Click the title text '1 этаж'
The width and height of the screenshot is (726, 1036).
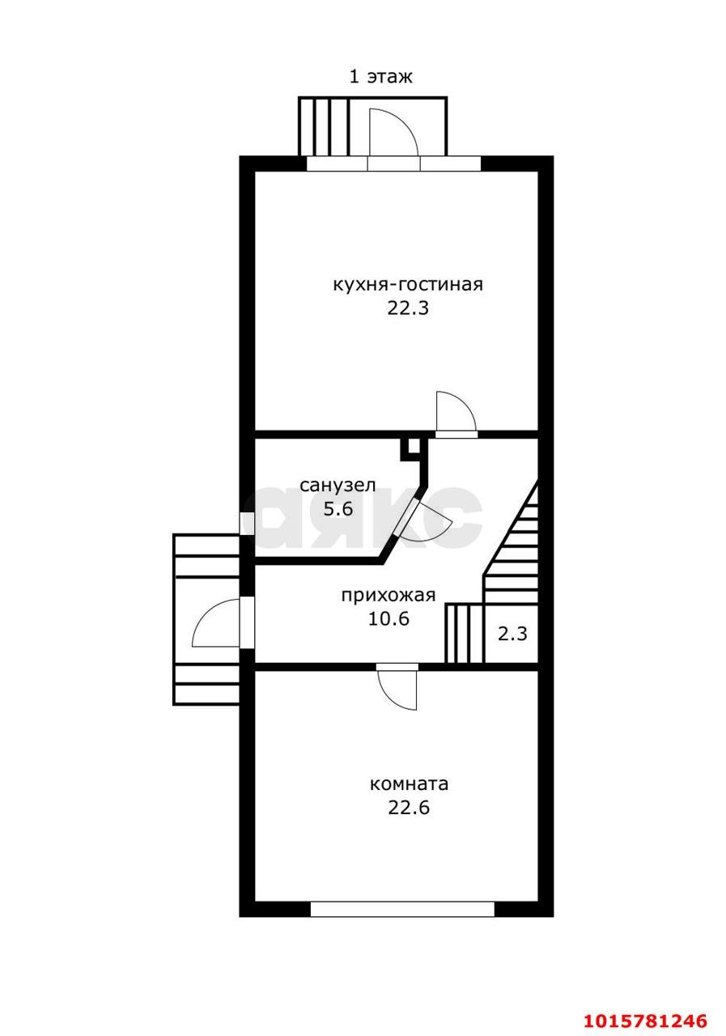click(380, 76)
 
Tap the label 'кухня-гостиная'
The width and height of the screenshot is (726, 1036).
click(408, 283)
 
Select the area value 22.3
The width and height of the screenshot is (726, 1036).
click(408, 308)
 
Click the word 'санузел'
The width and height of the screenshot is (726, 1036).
click(338, 486)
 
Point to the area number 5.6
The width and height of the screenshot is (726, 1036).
click(338, 509)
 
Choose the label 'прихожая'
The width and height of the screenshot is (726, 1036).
click(388, 595)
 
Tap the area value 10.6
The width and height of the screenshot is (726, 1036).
click(388, 619)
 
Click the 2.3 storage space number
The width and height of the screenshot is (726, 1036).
click(512, 634)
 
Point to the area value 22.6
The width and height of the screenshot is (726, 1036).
click(409, 808)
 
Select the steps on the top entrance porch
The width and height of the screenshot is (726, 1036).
click(324, 127)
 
